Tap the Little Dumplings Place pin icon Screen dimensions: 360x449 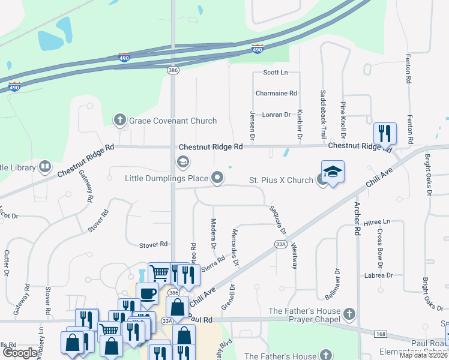(218, 178)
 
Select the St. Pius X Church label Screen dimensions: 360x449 (281, 180)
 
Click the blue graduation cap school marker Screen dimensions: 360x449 (333, 171)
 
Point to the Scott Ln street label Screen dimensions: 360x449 (276, 73)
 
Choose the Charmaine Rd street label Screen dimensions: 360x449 (276, 94)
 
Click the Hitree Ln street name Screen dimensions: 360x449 (376, 221)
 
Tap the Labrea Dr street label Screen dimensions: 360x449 (378, 275)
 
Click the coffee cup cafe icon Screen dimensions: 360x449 (147, 294)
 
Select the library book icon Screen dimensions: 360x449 (45, 166)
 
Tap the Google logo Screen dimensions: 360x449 (20, 353)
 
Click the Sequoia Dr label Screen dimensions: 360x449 (277, 220)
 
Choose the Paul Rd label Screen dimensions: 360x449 (200, 319)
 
